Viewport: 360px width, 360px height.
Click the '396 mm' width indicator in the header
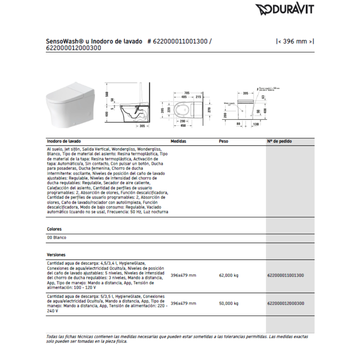(x=295, y=41)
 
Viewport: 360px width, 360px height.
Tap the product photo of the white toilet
(x=70, y=104)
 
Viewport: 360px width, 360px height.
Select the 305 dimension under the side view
(x=143, y=126)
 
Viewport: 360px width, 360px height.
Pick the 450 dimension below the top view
(x=184, y=126)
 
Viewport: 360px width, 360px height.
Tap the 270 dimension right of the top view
(x=208, y=109)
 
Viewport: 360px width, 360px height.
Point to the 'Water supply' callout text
(x=229, y=103)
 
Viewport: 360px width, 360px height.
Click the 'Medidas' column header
(x=178, y=141)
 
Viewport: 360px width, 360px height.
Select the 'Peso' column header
(x=223, y=141)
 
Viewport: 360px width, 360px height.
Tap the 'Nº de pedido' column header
(x=279, y=141)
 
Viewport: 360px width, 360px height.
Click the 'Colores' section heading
(x=54, y=229)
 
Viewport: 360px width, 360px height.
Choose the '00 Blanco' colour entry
(x=57, y=238)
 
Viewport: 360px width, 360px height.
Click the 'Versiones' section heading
(x=56, y=255)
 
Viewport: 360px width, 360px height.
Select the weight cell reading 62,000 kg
(x=229, y=275)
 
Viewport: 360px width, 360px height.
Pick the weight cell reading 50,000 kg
(x=229, y=303)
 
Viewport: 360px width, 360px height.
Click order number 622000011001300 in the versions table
(x=285, y=275)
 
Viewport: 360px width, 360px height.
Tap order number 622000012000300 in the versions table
(x=285, y=303)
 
